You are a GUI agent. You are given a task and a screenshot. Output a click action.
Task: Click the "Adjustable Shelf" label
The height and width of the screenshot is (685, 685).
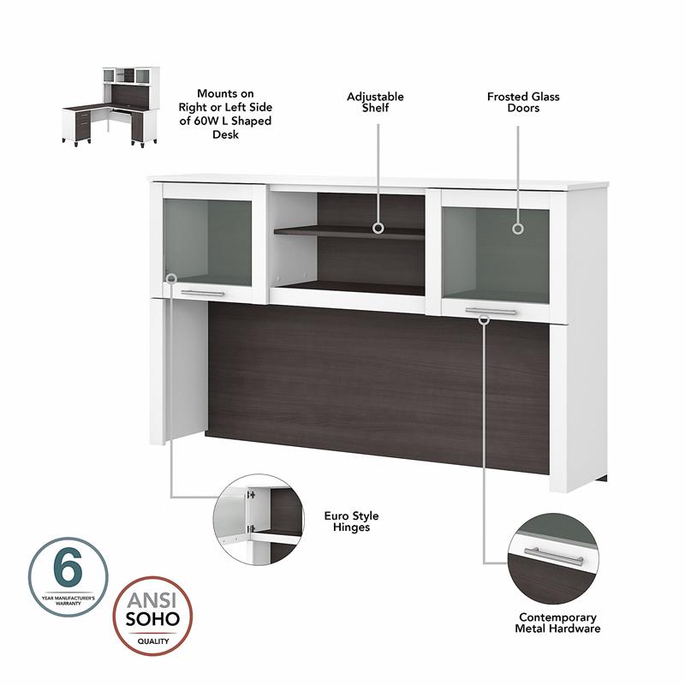click(375, 102)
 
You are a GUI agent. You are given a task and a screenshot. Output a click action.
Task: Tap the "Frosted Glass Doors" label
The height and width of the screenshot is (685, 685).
click(523, 102)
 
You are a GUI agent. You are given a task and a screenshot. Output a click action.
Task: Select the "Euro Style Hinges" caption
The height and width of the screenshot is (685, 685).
click(351, 521)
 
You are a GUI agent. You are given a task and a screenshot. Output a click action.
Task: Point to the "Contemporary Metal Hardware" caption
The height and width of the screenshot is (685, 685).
click(558, 622)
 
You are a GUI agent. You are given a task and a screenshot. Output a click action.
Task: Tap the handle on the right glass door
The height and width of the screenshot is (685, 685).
click(491, 310)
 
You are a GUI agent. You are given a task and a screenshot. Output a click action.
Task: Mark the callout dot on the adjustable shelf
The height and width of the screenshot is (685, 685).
click(377, 229)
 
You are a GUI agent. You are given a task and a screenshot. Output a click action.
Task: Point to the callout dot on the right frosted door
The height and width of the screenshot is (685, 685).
click(518, 229)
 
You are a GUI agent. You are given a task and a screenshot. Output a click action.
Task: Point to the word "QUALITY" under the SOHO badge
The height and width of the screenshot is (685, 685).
click(154, 640)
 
